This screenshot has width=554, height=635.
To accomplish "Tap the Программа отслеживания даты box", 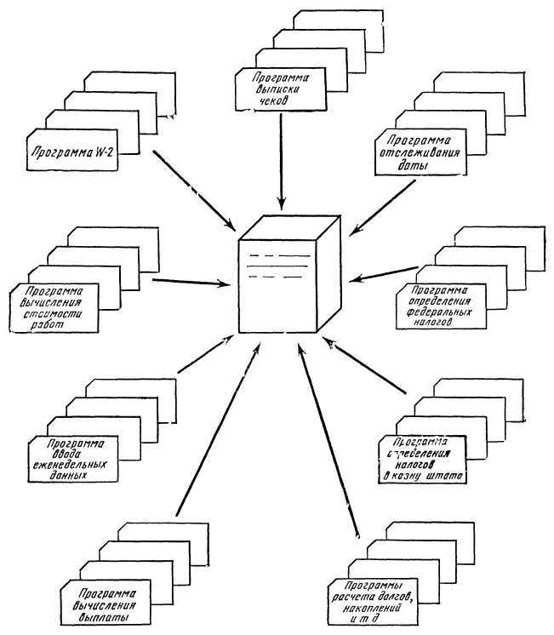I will point(420,152).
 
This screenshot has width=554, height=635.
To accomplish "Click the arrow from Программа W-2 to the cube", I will point(195,190).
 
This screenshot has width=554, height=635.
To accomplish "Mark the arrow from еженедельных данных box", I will point(205,353).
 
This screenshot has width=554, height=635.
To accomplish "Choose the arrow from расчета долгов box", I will point(327,443).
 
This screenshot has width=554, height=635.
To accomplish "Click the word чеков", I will point(276,98).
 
